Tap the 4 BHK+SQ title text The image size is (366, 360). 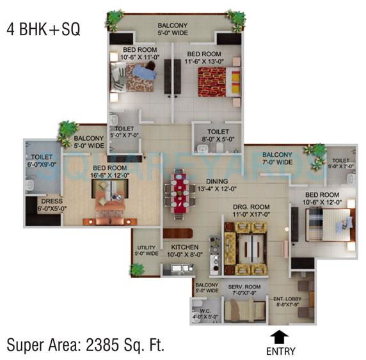coord(44,29)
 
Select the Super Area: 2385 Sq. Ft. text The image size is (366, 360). coord(86,345)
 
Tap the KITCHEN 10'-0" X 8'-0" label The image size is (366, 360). coord(184,250)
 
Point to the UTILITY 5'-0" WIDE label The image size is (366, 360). coord(145,250)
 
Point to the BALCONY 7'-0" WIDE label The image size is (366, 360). coord(277,158)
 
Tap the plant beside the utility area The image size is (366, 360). coord(136,269)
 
